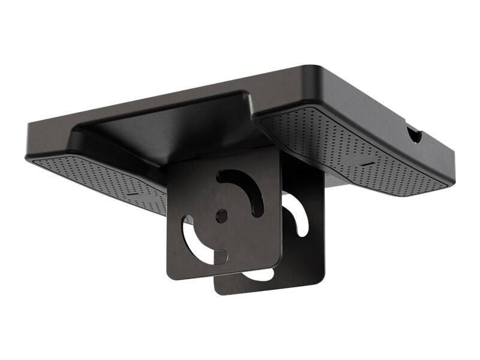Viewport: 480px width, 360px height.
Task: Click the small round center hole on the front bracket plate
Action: (221, 214)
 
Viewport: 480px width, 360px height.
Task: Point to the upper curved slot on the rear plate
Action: (298, 212)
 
